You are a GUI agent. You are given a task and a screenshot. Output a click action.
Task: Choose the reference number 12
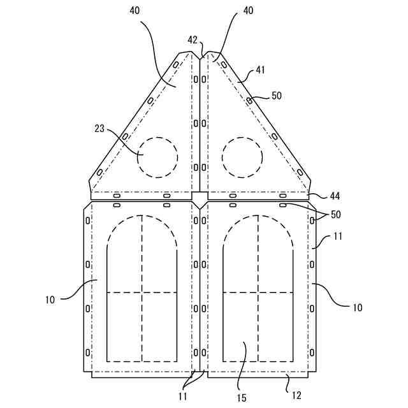tap(296, 395)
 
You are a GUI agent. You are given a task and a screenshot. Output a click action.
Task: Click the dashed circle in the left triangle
tap(157, 156)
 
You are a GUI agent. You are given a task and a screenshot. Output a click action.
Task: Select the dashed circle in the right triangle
tap(242, 156)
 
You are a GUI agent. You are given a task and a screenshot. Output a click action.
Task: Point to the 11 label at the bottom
tap(183, 396)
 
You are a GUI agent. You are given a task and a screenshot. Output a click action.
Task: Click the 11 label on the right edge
tap(339, 236)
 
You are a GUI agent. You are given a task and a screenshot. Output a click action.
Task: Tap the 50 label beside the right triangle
tap(276, 96)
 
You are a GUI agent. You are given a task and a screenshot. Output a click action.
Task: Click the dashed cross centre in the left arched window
tap(142, 293)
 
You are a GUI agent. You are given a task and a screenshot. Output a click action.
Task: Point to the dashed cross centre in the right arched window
tap(258, 293)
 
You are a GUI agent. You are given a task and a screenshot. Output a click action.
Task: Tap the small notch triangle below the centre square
tap(200, 205)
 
